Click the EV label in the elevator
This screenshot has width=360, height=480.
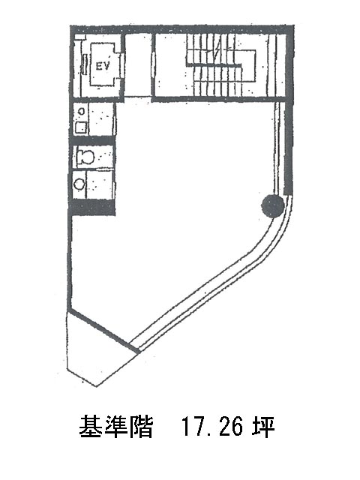click(102, 66)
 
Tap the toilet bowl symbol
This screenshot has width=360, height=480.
click(85, 157)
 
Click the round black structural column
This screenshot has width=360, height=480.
click(272, 206)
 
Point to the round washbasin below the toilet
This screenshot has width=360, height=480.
click(79, 184)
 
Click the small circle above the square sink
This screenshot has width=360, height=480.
click(82, 112)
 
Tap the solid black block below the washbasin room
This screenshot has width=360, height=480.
click(93, 207)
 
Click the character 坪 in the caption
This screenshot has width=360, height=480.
click(263, 427)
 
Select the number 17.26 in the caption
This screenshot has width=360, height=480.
click(211, 427)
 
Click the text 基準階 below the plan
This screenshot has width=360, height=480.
click(116, 427)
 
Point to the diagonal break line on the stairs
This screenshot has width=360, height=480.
click(217, 49)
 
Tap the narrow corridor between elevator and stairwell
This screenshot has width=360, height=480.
click(139, 65)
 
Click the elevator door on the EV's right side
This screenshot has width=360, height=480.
click(121, 66)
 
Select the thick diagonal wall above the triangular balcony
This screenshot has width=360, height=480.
click(103, 331)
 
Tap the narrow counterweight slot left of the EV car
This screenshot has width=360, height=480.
click(85, 64)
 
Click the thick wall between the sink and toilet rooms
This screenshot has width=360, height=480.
click(93, 140)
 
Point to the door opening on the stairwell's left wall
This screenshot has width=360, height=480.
click(153, 65)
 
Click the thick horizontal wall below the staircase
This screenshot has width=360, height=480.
click(220, 99)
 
